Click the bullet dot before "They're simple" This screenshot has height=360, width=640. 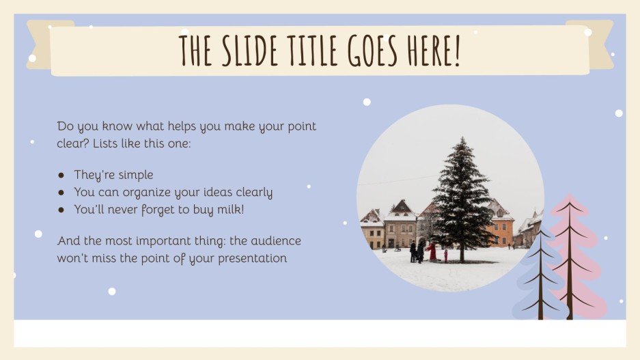tap(61, 176)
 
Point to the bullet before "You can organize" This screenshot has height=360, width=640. tap(61, 193)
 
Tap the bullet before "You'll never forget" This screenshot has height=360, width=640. tap(61, 210)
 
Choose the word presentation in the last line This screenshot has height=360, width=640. tap(249, 258)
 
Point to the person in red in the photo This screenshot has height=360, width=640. tap(432, 251)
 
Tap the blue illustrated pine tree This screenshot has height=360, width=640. tap(540, 280)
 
